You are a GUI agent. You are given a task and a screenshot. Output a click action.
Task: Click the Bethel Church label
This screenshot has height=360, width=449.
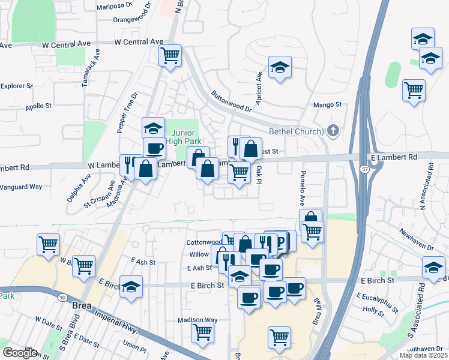296,131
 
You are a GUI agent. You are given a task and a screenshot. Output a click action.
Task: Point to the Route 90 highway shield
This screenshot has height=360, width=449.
62,297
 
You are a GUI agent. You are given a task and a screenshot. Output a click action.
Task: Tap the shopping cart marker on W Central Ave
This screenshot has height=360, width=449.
170,55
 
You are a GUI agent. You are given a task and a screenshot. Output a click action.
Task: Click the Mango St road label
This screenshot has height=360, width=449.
327,105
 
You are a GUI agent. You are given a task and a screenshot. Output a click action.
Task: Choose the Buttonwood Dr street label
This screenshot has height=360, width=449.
231,101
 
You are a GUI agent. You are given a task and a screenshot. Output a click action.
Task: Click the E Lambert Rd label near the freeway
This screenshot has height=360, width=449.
393,157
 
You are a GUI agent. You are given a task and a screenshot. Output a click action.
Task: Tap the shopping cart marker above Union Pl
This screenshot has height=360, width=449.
203,333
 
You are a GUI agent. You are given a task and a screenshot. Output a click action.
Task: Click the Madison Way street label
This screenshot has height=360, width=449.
197,320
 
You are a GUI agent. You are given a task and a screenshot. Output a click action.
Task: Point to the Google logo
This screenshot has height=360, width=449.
20,352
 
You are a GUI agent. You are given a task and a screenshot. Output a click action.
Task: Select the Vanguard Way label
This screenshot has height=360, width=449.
21,187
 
